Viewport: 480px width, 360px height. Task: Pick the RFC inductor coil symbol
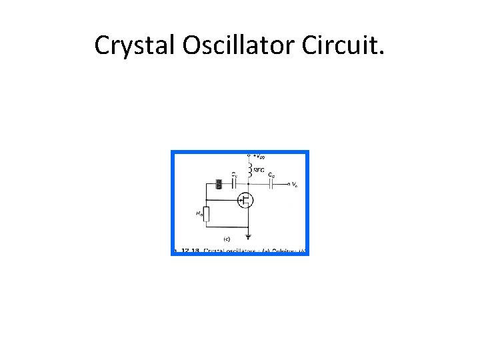click(x=249, y=171)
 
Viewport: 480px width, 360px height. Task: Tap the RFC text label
click(x=259, y=171)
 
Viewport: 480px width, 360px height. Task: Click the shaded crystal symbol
click(x=218, y=185)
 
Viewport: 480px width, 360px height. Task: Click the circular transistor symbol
click(x=246, y=199)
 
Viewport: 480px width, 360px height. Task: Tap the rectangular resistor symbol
click(x=206, y=214)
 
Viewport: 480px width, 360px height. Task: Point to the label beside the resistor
click(x=199, y=213)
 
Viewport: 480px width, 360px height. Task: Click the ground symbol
click(x=249, y=236)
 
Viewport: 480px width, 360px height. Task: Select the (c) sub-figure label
click(x=227, y=238)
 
